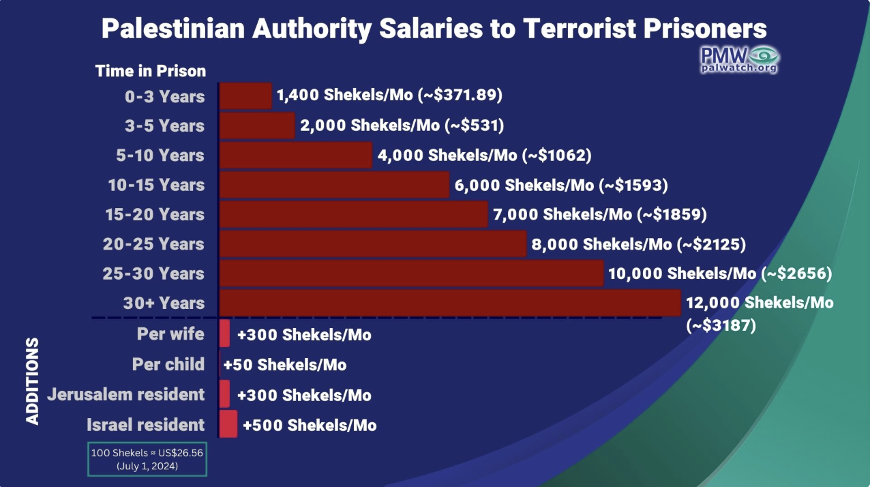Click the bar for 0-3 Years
(245, 96)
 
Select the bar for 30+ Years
(450, 303)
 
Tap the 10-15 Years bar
(334, 185)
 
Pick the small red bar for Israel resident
(228, 424)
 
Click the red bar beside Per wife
(224, 334)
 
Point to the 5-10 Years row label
(160, 156)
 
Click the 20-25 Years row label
(153, 244)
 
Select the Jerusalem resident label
(125, 394)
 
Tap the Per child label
(168, 364)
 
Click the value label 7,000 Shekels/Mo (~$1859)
(599, 214)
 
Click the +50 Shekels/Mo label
(285, 365)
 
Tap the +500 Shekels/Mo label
(310, 425)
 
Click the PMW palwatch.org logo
(740, 59)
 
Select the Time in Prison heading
(150, 71)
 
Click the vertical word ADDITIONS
(33, 381)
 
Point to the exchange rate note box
(147, 458)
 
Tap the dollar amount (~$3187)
(722, 326)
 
